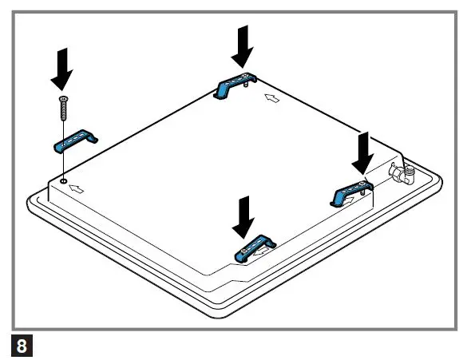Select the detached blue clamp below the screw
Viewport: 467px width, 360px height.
[74, 140]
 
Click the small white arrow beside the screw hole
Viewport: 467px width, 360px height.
[77, 190]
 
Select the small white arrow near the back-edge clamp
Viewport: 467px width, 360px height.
[272, 99]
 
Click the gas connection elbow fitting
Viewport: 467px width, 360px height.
[401, 173]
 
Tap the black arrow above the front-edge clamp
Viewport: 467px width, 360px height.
[242, 215]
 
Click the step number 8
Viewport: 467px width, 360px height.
[21, 346]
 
